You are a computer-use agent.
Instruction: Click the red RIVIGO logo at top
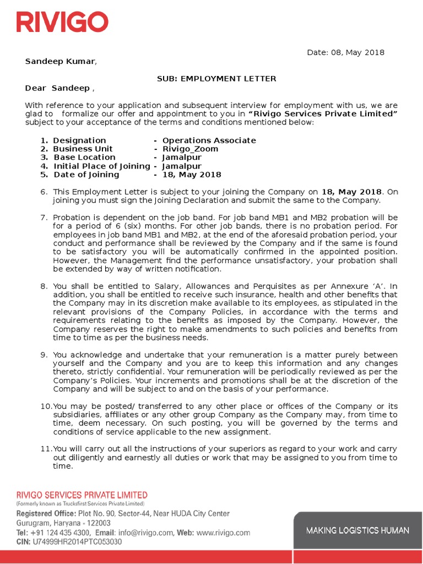pyautogui.click(x=62, y=22)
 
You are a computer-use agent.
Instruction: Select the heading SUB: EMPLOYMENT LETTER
pyautogui.click(x=216, y=79)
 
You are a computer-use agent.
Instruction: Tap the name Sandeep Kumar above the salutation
pyautogui.click(x=61, y=61)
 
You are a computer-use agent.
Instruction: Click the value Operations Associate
pyautogui.click(x=209, y=140)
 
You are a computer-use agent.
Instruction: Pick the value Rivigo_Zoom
pyautogui.click(x=190, y=149)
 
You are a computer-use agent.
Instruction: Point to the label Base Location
pyautogui.click(x=84, y=158)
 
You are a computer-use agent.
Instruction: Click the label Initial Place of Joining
pyautogui.click(x=101, y=166)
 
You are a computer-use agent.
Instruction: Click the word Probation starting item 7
pyautogui.click(x=72, y=218)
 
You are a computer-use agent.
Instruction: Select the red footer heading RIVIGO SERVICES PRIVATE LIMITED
pyautogui.click(x=82, y=495)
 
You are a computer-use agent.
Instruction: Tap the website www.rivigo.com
pyautogui.click(x=223, y=533)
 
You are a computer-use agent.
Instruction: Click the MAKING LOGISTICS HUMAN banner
pyautogui.click(x=357, y=530)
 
